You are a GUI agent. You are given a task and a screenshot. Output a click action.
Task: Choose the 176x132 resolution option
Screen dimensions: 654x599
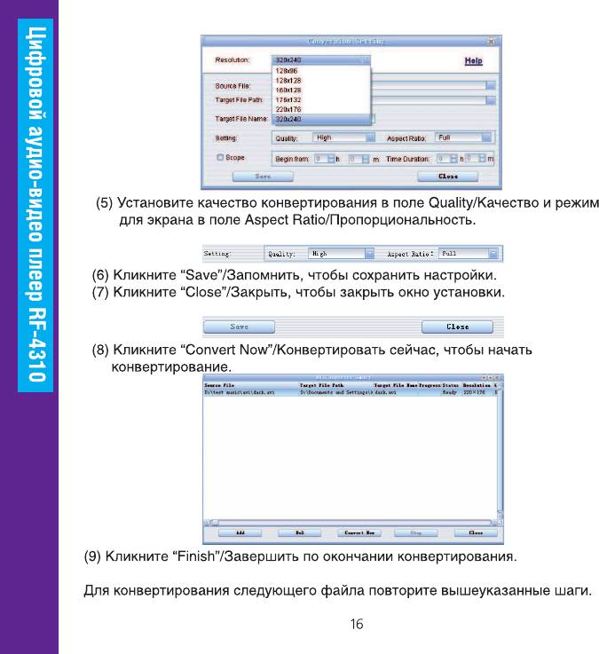(288, 99)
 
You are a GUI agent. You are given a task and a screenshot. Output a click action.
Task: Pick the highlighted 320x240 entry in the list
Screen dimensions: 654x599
(288, 118)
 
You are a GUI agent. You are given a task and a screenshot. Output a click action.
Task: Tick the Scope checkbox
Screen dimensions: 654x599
(219, 157)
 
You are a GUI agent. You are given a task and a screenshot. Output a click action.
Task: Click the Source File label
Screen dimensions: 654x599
(232, 86)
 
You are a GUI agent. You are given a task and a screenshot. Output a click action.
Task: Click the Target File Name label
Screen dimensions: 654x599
(242, 118)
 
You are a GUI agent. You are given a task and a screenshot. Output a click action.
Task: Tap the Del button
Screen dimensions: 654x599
(299, 533)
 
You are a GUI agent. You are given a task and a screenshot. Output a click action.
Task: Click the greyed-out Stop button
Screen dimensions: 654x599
(414, 533)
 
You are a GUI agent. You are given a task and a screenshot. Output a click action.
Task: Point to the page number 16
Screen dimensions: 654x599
(356, 625)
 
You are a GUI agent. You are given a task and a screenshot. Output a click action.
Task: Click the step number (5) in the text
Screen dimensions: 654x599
(105, 204)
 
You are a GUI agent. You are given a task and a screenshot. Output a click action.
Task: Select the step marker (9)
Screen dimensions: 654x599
(92, 557)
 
